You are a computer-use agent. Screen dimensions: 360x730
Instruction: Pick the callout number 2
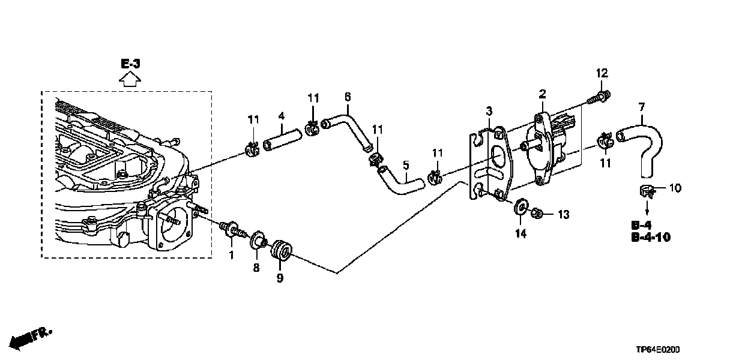(542, 94)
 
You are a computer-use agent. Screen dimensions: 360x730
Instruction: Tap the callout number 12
(602, 73)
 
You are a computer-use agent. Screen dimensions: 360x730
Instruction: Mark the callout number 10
(675, 188)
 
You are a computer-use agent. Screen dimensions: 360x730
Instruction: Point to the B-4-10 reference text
(651, 238)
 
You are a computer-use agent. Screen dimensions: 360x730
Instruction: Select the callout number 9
(279, 278)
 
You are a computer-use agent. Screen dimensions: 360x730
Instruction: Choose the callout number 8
(256, 268)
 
